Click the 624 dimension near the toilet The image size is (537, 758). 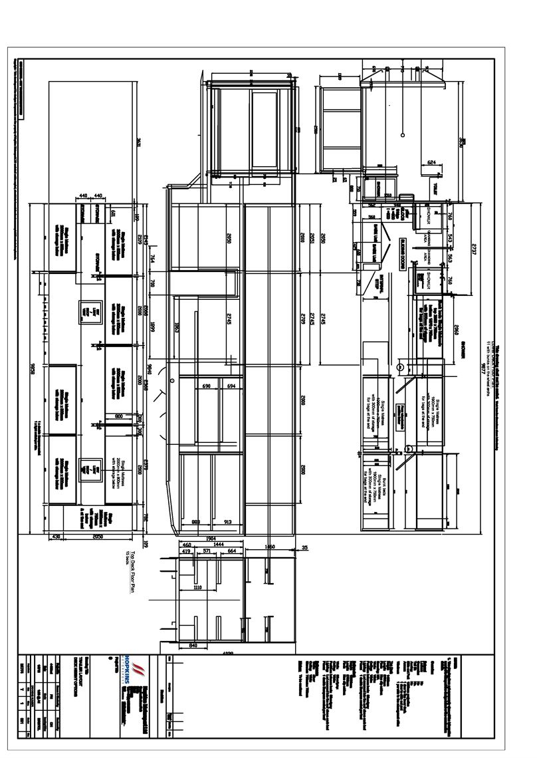point(431,162)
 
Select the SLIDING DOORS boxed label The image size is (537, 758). point(403,253)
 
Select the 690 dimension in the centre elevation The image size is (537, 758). point(206,386)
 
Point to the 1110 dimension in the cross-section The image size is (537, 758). point(197,588)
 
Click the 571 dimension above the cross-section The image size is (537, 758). point(207,551)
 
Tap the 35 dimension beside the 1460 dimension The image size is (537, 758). point(304,548)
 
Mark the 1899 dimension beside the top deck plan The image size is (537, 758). point(152,326)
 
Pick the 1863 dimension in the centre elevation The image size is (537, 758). point(177,328)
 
